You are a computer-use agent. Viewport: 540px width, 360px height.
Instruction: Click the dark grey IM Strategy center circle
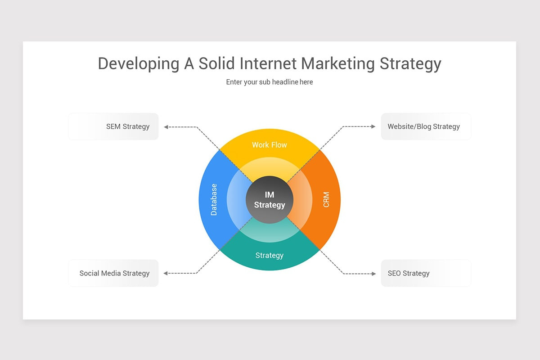coord(270,200)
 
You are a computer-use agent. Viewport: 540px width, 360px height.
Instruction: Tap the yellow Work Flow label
coord(269,145)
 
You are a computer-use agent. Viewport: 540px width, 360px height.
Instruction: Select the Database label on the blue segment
coord(214,199)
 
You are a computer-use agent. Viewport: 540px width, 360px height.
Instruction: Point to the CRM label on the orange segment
coord(326,199)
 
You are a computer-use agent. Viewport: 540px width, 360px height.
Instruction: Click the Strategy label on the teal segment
coord(269,256)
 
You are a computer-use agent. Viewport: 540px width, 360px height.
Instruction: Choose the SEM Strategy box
coord(113,126)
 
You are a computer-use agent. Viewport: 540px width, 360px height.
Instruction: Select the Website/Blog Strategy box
coord(426,126)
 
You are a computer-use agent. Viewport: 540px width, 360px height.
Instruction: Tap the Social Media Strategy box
coord(113,273)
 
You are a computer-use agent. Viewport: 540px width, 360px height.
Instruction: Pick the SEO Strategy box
coord(426,273)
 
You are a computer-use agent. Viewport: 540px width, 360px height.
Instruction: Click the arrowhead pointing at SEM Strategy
coord(166,127)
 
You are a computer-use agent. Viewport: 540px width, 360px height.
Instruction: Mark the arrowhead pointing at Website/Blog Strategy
coord(373,127)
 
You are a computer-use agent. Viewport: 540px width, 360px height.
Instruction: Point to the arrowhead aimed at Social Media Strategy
coord(166,273)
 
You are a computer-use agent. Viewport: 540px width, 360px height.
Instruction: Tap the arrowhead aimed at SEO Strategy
coord(373,273)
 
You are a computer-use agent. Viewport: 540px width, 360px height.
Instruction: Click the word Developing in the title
coord(138,64)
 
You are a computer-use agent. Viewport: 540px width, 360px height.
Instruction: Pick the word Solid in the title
coord(217,63)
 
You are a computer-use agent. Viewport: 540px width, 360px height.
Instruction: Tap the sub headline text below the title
coord(269,82)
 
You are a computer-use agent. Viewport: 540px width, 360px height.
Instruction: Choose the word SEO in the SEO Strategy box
coord(394,273)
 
